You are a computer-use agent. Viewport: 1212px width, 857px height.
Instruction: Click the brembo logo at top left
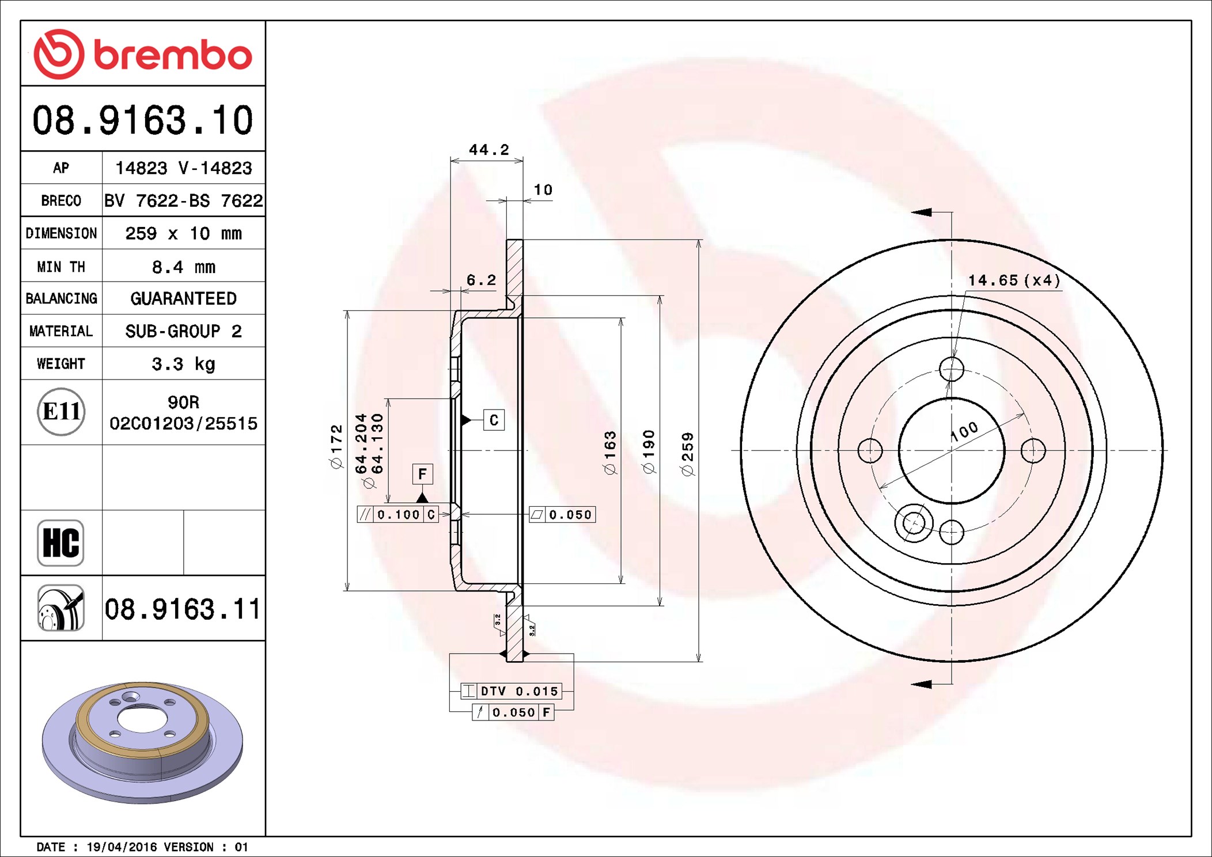pyautogui.click(x=142, y=54)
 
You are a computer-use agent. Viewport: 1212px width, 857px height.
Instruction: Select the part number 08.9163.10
pyautogui.click(x=142, y=120)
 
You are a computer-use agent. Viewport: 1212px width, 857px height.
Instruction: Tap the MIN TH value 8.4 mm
pyautogui.click(x=183, y=267)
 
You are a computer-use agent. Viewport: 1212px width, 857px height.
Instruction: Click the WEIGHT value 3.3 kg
pyautogui.click(x=183, y=364)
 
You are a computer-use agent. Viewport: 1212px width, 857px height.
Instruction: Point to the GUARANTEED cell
pyautogui.click(x=183, y=298)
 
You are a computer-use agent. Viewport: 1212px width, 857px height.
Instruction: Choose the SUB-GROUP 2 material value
pyautogui.click(x=183, y=331)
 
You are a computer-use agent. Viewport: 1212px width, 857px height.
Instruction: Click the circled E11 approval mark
pyautogui.click(x=61, y=412)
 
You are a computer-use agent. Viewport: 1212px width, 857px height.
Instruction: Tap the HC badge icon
pyautogui.click(x=60, y=543)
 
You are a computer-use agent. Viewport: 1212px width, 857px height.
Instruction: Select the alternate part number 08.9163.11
pyautogui.click(x=183, y=609)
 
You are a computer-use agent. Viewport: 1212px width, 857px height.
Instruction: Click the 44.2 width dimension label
pyautogui.click(x=489, y=150)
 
